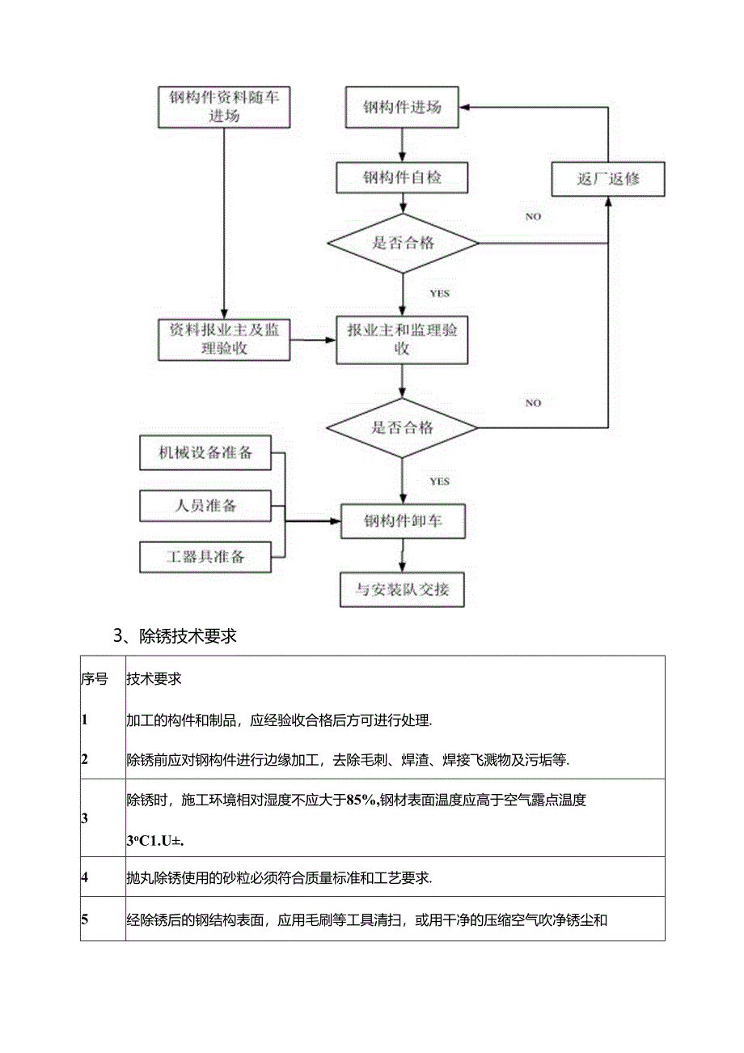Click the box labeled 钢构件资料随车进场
click(224, 106)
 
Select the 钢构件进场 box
click(402, 107)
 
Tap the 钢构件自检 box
click(402, 177)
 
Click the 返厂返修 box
click(608, 179)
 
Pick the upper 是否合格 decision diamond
click(403, 243)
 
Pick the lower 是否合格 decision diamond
click(403, 427)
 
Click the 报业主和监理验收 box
click(403, 339)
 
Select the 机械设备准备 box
click(205, 453)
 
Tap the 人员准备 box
click(205, 506)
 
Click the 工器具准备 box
click(205, 557)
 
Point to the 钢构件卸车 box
click(403, 521)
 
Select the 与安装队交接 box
click(403, 589)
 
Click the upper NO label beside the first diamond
click(533, 217)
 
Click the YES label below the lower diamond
click(439, 482)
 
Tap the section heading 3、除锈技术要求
click(175, 636)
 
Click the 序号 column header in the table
click(95, 679)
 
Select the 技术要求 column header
click(154, 679)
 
